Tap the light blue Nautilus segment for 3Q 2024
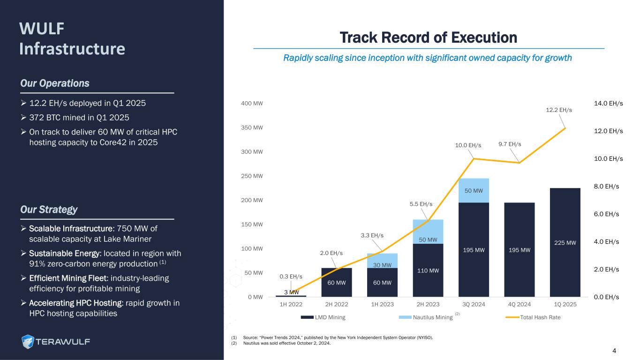coord(474,190)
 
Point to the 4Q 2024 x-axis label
coord(519,304)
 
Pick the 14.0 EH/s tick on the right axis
coord(608,103)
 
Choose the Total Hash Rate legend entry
coord(540,317)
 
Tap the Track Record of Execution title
coord(428,37)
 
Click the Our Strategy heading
coord(49,210)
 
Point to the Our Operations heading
coord(54,83)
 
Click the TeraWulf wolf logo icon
coord(29,342)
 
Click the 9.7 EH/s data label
coord(510,144)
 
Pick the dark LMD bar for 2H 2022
coord(336,282)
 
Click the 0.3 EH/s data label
coord(291,277)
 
